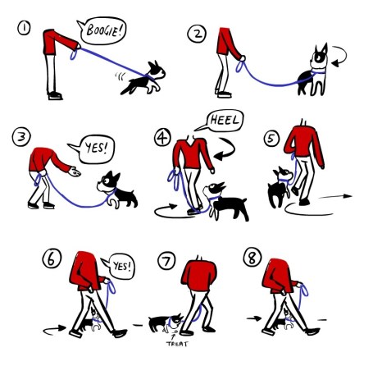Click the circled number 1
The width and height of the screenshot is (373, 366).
[x=24, y=28]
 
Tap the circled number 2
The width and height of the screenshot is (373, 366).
[x=197, y=34]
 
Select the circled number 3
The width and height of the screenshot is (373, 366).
[x=21, y=138]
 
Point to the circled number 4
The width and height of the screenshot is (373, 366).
[x=162, y=138]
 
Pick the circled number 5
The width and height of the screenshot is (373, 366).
[x=271, y=139]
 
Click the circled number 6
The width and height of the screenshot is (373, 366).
[x=52, y=258]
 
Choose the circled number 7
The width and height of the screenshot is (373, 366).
[x=166, y=261]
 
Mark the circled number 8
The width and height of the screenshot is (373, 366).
[x=252, y=258]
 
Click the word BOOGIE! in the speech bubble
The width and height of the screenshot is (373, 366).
[x=105, y=30]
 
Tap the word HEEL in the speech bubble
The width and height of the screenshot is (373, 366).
[x=225, y=120]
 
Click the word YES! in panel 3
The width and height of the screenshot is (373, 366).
[x=96, y=148]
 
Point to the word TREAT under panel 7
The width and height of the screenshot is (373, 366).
[x=177, y=344]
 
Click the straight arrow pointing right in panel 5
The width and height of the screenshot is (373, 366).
[x=335, y=196]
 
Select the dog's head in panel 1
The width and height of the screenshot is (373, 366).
[x=156, y=71]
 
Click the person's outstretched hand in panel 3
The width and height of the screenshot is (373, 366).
[x=75, y=172]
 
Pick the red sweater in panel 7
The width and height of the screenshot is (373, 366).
[x=199, y=275]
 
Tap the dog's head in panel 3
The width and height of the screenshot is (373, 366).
[x=109, y=182]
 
